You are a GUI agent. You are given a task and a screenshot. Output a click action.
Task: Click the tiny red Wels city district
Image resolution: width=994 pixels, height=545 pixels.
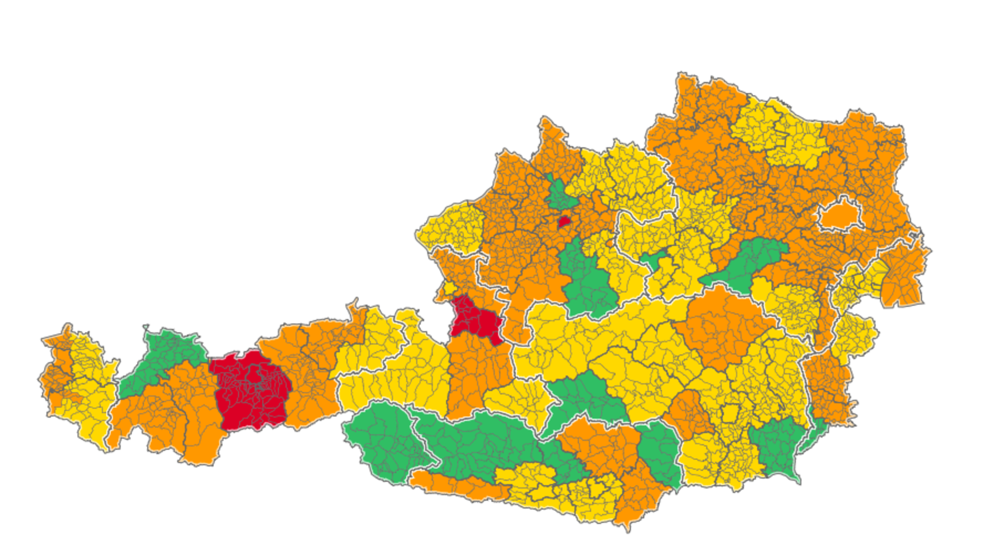click(x=563, y=222)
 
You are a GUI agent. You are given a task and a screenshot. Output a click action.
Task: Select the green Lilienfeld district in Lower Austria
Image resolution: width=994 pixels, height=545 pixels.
click(x=747, y=262)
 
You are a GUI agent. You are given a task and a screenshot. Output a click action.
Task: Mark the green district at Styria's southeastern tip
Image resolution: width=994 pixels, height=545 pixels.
click(x=777, y=447)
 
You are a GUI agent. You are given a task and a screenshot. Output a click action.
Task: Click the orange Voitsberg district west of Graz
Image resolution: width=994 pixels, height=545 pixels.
click(x=689, y=413)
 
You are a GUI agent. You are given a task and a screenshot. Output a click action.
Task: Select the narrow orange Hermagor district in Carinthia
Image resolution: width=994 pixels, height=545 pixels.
click(x=456, y=483)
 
